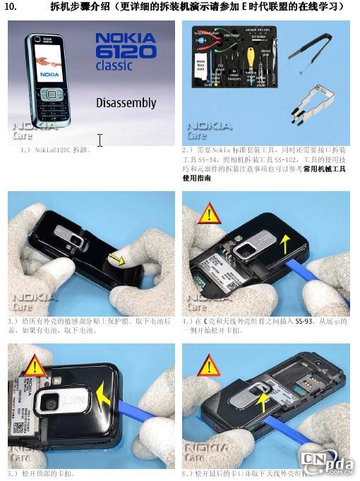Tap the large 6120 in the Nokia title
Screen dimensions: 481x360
(x=126, y=51)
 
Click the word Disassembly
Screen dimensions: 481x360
(x=126, y=103)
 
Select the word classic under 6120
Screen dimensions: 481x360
(x=114, y=66)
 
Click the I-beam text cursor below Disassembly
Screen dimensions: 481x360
(x=100, y=140)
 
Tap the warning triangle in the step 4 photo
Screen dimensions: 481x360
(x=208, y=214)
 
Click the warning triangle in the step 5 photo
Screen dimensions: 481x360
(x=35, y=367)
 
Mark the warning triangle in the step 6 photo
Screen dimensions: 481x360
(x=208, y=366)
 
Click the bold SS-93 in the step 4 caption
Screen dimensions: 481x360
(x=304, y=322)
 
